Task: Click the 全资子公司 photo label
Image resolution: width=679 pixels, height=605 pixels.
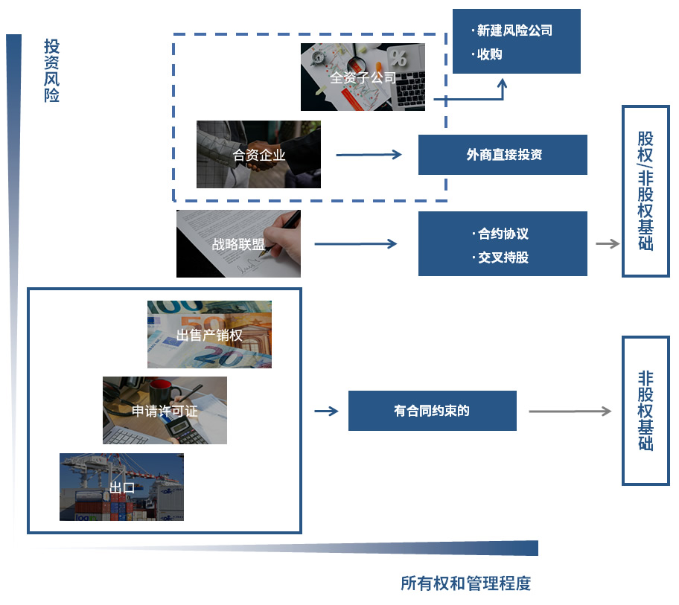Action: tap(363, 78)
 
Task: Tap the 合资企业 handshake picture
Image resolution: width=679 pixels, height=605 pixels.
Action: tap(258, 155)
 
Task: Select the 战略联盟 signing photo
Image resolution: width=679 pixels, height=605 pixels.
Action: tap(238, 243)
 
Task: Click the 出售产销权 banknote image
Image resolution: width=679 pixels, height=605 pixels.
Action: tap(210, 335)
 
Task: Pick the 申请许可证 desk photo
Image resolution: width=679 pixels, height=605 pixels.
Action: tap(165, 410)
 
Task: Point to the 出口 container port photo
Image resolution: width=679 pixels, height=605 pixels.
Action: tap(121, 487)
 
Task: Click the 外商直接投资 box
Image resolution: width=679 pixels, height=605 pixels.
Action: tap(503, 155)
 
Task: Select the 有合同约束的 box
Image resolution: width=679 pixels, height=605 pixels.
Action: tap(432, 411)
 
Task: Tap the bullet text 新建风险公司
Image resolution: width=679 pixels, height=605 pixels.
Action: tap(514, 31)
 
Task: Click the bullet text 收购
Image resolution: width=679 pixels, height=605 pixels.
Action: tap(489, 54)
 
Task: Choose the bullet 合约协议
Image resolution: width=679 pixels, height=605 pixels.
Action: tap(503, 234)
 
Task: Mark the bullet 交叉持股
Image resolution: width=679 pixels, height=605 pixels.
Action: tap(503, 257)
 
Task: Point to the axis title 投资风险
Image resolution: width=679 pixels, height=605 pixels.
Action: tap(51, 71)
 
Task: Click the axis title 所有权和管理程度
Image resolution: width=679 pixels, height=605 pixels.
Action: tap(465, 583)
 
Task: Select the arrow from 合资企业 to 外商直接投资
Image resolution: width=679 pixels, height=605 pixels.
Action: tap(369, 155)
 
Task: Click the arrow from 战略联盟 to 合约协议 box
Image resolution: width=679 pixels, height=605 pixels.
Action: tap(356, 244)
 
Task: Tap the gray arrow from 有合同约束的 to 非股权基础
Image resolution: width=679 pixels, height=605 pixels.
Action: tap(570, 411)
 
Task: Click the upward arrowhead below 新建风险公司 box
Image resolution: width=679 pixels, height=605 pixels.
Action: tap(502, 83)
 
